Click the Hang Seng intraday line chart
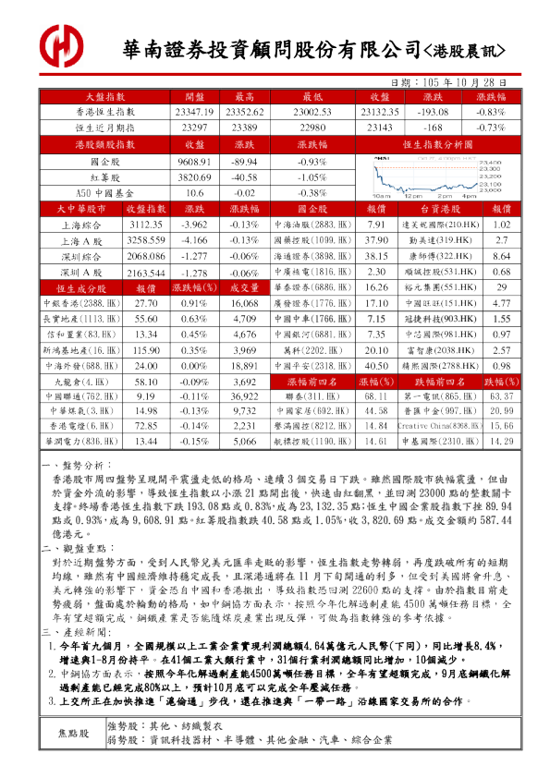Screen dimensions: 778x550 [x=437, y=176]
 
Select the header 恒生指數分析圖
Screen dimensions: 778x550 [x=437, y=145]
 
